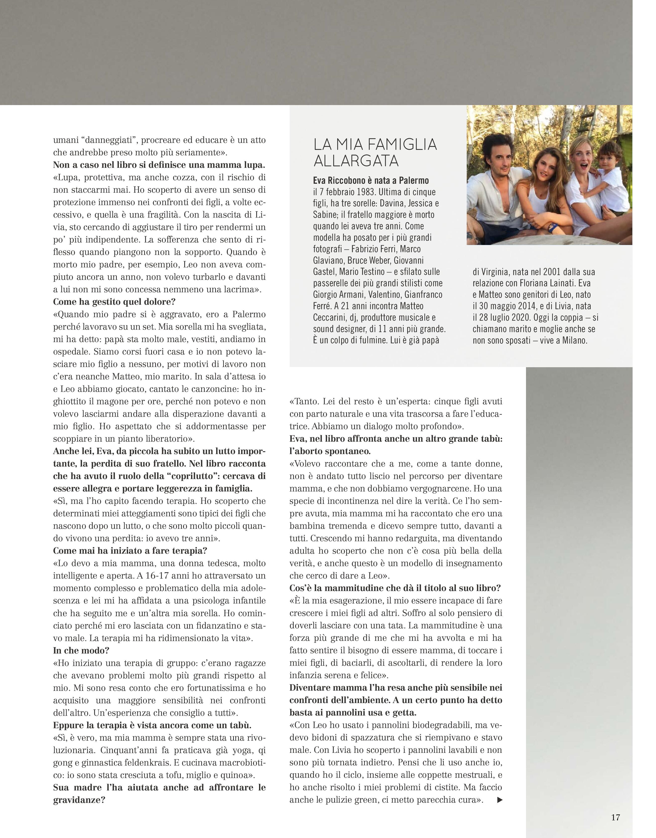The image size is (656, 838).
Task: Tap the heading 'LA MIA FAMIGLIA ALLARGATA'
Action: click(375, 152)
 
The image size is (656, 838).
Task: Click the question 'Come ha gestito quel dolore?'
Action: click(114, 302)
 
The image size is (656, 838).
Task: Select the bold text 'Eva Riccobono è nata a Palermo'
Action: click(371, 180)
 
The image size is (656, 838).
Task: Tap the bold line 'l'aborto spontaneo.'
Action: click(329, 451)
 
